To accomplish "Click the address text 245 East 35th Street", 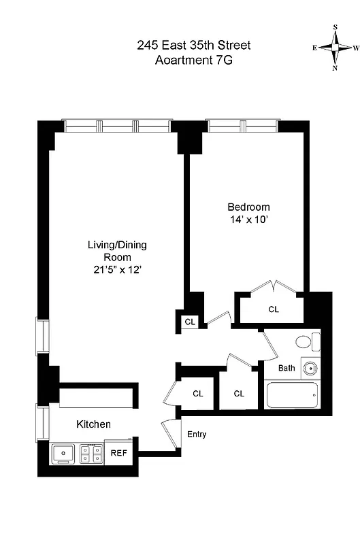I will pos(194,46).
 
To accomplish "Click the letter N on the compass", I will pos(336,68).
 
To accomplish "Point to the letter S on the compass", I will pos(336,28).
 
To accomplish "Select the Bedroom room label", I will pos(248,207).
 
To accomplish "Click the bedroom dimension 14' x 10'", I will pos(248,220).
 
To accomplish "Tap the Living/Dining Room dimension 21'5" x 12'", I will pos(116,270).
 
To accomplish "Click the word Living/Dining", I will pos(116,245).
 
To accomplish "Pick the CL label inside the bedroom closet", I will pos(274,309).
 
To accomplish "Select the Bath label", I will pos(287,369).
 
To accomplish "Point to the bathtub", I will pos(292,395).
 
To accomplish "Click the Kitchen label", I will pos(93,424).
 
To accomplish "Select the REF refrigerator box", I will pos(118,452).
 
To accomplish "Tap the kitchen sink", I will pos(64,453).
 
